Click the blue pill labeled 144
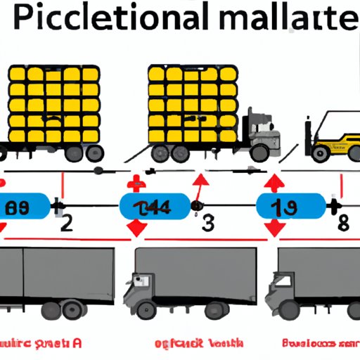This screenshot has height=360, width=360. pyautogui.click(x=154, y=206)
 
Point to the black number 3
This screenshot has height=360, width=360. pyautogui.click(x=208, y=226)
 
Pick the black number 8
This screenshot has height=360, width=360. pyautogui.click(x=342, y=226)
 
